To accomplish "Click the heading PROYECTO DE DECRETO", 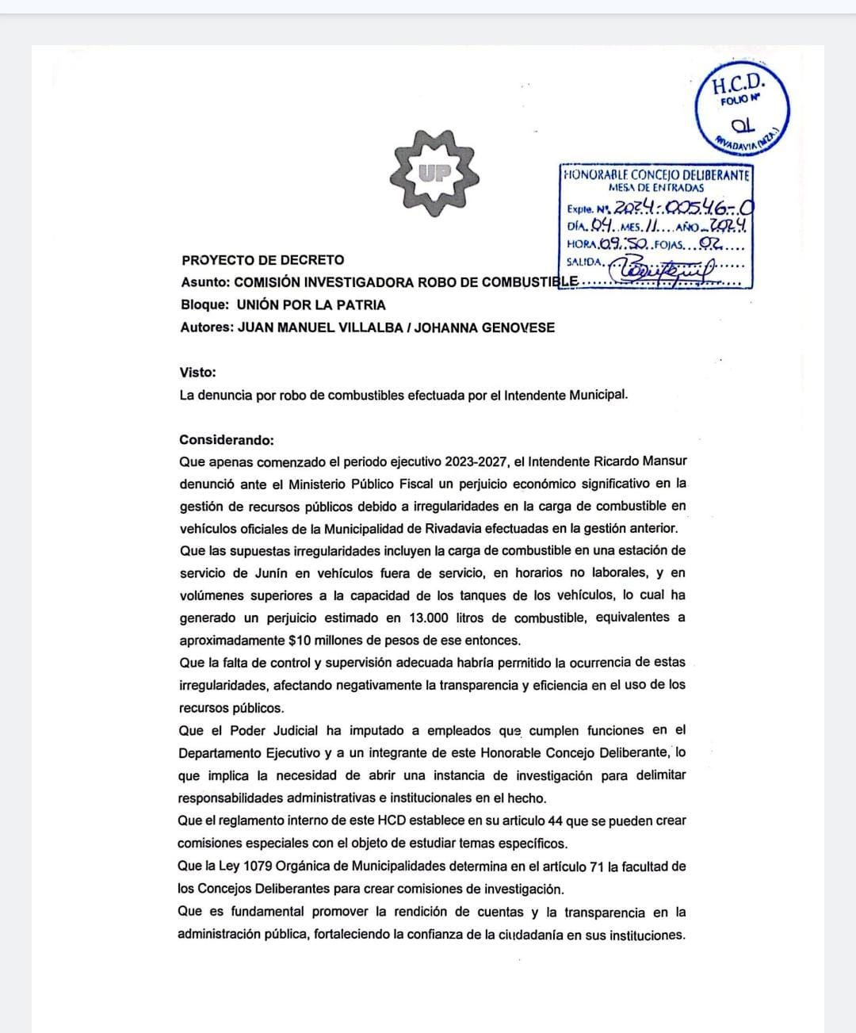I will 262,260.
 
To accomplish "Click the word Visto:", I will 197,372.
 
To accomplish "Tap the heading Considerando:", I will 227,440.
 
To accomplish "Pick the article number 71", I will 593,867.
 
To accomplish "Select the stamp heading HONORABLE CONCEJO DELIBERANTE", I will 656,174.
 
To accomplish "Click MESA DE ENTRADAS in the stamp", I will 656,188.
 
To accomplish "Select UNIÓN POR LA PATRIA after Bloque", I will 311,305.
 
